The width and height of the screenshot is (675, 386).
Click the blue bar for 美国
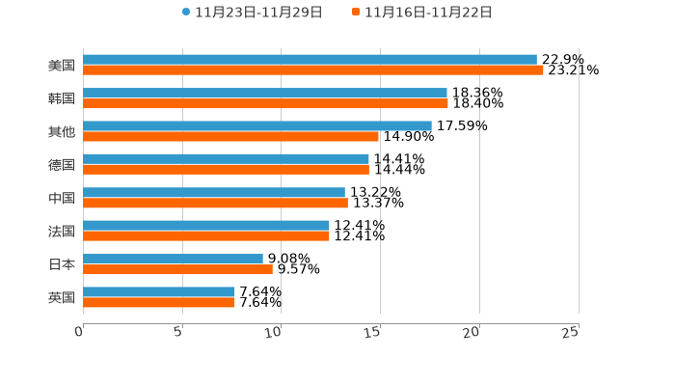(310, 60)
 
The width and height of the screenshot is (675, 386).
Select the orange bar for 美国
(313, 70)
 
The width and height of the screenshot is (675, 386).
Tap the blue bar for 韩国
(265, 93)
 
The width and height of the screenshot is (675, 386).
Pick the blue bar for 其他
(257, 125)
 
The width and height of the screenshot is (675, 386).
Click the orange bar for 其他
(230, 136)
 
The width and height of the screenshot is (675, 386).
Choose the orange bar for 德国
(226, 170)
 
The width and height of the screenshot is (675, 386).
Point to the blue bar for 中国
(214, 192)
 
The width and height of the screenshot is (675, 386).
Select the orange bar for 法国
(206, 235)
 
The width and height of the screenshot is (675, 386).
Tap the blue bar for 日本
(173, 259)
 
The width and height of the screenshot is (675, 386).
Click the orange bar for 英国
(159, 302)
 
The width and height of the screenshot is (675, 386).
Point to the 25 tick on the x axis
(570, 332)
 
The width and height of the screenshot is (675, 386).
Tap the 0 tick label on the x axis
(79, 332)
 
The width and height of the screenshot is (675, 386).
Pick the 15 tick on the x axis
(372, 332)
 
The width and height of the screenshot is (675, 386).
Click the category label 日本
(62, 264)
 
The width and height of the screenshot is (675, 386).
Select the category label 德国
(62, 165)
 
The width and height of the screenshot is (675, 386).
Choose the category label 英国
(62, 297)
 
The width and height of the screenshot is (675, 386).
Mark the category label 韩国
(62, 98)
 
